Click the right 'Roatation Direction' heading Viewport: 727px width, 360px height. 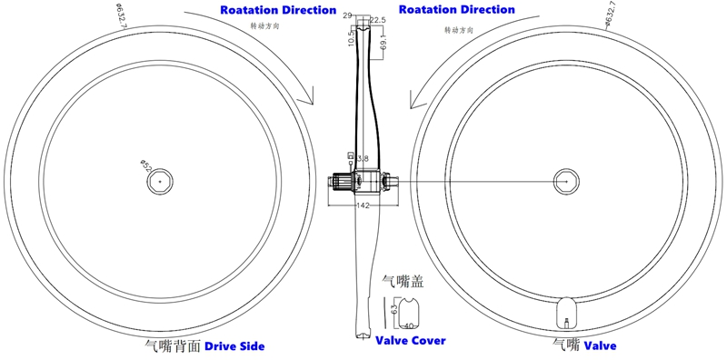457,10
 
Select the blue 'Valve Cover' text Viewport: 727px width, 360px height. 411,341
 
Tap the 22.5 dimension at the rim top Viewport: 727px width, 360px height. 378,19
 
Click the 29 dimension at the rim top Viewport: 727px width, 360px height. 347,16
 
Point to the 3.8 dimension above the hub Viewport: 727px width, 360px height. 363,159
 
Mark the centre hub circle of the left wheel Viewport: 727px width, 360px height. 160,181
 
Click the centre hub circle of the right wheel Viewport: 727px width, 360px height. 567,181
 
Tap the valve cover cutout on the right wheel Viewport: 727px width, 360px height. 567,315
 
